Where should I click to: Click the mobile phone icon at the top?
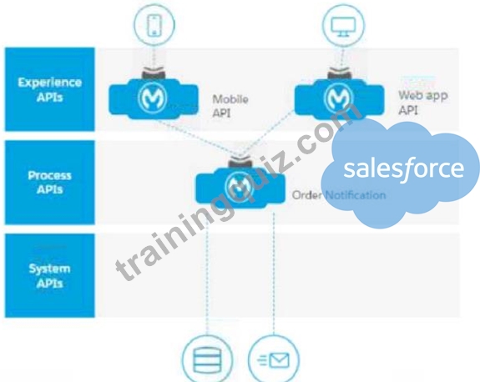[x=154, y=25]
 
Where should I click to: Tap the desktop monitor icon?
[x=343, y=25]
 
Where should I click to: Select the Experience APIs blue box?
[x=49, y=89]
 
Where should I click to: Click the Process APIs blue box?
[x=49, y=183]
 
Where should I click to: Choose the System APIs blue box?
[x=49, y=275]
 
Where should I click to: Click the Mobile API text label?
[x=230, y=106]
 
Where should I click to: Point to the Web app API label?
[x=422, y=102]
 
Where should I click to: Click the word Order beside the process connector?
[x=306, y=195]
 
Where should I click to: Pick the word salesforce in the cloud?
[x=403, y=168]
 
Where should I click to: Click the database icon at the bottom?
[x=207, y=359]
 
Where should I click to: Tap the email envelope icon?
[x=273, y=359]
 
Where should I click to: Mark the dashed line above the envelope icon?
[x=274, y=272]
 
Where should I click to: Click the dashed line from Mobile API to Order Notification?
[x=199, y=139]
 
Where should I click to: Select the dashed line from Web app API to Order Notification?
[x=267, y=134]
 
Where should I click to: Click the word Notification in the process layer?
[x=355, y=195]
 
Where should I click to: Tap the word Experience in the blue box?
[x=49, y=83]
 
